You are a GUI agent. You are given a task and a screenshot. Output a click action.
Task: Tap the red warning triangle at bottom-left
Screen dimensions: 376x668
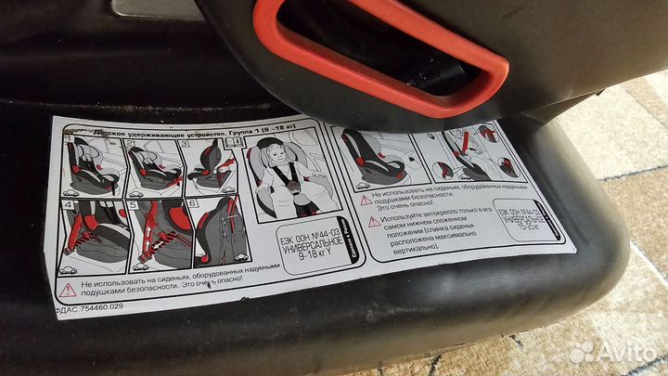tap(68, 291)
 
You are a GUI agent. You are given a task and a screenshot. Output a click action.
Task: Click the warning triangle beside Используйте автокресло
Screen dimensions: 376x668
tap(374, 222)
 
